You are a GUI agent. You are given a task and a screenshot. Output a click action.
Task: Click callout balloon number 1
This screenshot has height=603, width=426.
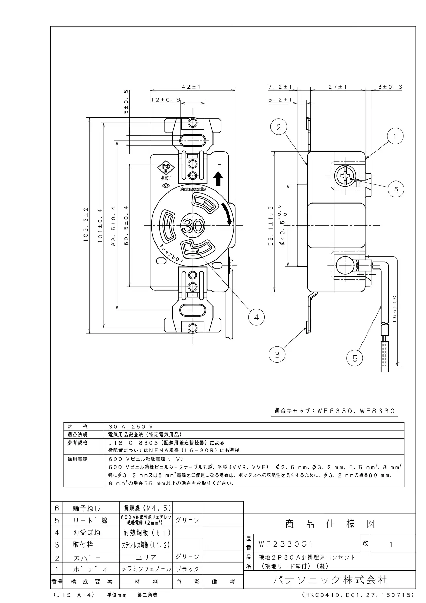coord(395,136)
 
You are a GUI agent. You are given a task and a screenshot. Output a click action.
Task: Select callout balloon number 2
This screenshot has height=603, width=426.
coord(279,127)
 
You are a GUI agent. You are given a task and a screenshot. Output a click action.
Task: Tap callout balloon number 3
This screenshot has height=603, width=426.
coord(277,354)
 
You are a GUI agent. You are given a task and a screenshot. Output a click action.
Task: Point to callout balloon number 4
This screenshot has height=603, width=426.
coord(256,317)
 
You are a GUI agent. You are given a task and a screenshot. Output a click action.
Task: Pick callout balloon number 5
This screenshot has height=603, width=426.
coord(355,359)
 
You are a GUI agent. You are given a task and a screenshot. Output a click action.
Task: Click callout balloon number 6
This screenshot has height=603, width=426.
coord(396,189)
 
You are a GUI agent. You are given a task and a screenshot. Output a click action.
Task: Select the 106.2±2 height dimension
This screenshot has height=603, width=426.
coord(86,224)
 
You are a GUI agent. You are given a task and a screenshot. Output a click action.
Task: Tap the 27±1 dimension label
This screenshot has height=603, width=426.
coord(337,87)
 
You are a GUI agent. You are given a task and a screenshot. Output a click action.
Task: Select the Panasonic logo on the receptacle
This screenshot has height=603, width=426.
coord(193,189)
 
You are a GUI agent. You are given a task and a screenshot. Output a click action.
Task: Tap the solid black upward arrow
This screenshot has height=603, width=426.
coord(218,179)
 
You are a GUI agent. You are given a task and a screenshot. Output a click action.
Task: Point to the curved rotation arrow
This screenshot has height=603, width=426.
coord(227,214)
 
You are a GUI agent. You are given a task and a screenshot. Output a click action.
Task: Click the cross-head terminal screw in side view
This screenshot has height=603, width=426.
coord(344,176)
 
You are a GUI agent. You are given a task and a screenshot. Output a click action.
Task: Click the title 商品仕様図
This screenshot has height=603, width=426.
coord(330,524)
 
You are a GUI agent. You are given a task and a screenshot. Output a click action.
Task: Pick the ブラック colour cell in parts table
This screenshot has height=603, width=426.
coord(187,569)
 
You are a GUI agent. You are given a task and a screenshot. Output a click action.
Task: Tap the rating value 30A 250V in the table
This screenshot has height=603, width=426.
coord(128,426)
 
